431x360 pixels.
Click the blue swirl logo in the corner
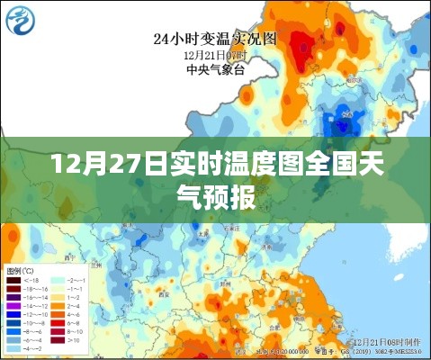[19, 19]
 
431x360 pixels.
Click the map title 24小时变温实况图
[215, 38]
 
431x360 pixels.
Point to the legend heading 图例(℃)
[20, 270]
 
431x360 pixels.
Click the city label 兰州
[95, 266]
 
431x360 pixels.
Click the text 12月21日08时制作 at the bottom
[386, 343]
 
